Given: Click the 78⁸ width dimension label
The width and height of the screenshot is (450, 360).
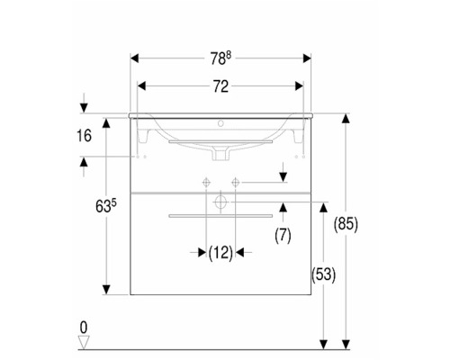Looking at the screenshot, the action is point(220,58).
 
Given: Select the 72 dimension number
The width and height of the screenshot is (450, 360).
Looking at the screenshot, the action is point(220,86).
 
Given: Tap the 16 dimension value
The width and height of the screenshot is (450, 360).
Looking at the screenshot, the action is point(84,136).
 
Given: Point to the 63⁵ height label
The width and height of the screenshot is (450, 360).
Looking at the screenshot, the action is point(106,206).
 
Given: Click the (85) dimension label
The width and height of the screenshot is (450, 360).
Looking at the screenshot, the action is point(346,224).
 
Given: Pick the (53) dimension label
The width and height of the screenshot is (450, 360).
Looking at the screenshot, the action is point(323,274).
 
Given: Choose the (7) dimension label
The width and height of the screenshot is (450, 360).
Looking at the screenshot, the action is point(283,236).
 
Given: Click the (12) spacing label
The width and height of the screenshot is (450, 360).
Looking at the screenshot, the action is point(220,253).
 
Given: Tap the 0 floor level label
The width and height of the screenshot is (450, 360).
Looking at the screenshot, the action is point(84,328).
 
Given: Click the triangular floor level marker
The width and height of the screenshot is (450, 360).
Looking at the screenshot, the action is point(84,343).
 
